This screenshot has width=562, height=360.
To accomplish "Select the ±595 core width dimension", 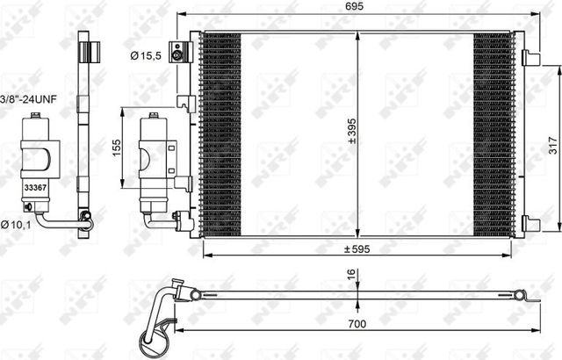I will click(x=355, y=248).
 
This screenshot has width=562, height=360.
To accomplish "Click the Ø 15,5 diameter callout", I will click(x=146, y=56).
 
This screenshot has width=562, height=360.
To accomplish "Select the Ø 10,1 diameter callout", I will click(x=17, y=226).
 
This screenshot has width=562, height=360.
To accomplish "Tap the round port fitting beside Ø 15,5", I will click(x=180, y=56).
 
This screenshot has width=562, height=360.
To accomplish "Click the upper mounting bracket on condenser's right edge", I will click(x=530, y=58).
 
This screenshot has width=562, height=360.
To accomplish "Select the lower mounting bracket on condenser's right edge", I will click(x=530, y=224).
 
